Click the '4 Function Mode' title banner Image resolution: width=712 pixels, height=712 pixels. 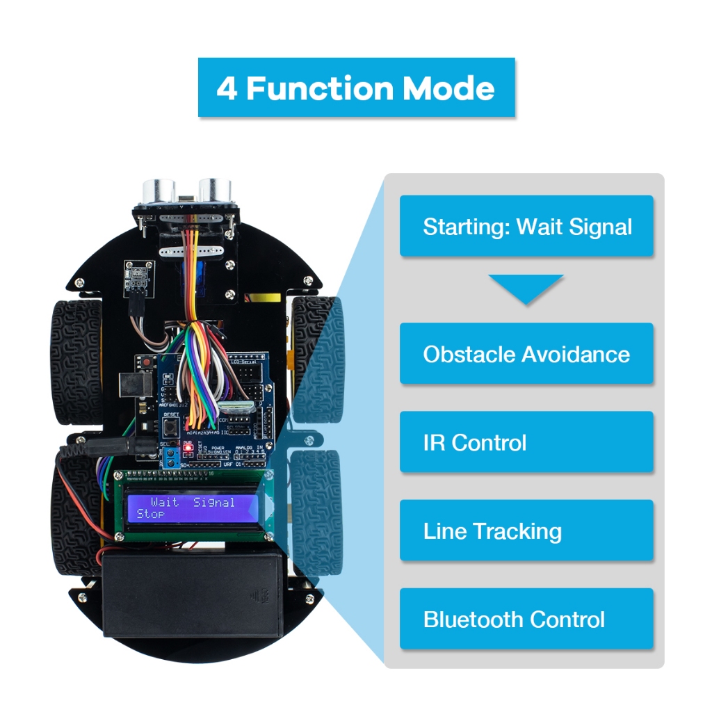pos(356,88)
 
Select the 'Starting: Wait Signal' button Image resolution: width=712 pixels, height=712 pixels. pos(527,227)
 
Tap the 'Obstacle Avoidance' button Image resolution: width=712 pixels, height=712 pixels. pos(527,354)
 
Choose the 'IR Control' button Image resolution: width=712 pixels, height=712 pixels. pos(527,442)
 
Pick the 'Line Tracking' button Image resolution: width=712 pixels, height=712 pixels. pos(527,531)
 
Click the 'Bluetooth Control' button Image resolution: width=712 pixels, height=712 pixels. pos(527,620)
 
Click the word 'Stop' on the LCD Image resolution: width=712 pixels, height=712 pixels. pos(151,514)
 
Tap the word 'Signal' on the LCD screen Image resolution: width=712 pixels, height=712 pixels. pos(214,501)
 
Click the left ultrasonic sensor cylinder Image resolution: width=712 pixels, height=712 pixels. pos(159,190)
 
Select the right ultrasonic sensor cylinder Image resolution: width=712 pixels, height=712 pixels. pos(214,190)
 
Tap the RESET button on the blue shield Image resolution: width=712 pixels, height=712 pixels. pos(170,424)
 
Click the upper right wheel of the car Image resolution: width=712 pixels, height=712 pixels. pos(316,358)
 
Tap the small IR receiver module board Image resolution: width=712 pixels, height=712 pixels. pos(136,275)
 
